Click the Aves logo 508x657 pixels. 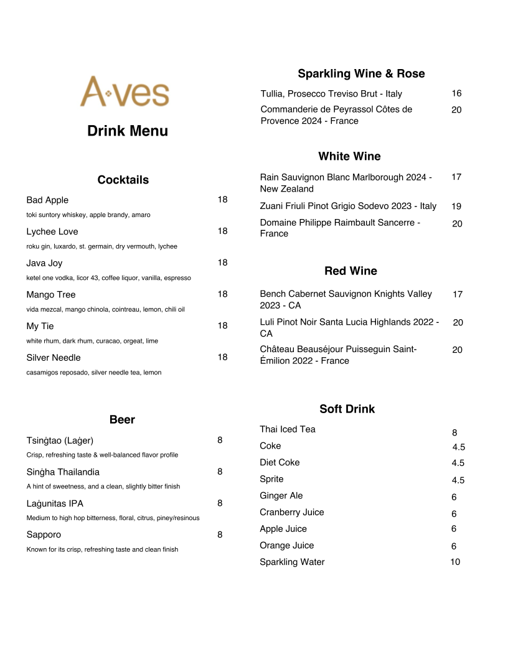pyautogui.click(x=125, y=92)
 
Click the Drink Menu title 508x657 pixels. pyautogui.click(x=128, y=131)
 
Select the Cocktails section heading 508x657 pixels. pyautogui.click(x=123, y=180)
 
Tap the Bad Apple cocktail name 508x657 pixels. pyautogui.click(x=47, y=200)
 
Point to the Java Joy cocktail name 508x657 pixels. pyautogui.click(x=44, y=263)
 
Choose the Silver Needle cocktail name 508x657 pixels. pyautogui.click(x=54, y=358)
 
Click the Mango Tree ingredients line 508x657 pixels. pyautogui.click(x=105, y=309)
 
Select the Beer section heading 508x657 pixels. pyautogui.click(x=122, y=420)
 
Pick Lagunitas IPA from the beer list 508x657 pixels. pyautogui.click(x=55, y=503)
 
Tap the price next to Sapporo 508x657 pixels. pyautogui.click(x=220, y=534)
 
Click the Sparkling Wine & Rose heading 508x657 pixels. pyautogui.click(x=361, y=73)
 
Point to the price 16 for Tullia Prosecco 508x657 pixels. pyautogui.click(x=456, y=93)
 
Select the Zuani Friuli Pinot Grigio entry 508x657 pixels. pyautogui.click(x=348, y=206)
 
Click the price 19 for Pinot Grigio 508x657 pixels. pyautogui.click(x=456, y=207)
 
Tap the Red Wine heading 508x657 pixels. pyautogui.click(x=350, y=271)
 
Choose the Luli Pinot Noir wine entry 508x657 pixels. pyautogui.click(x=349, y=327)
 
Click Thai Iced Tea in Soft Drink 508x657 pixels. pyautogui.click(x=288, y=429)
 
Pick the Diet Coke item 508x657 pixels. pyautogui.click(x=280, y=462)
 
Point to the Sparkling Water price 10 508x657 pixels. pyautogui.click(x=455, y=562)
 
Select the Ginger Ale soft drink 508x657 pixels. pyautogui.click(x=281, y=496)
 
